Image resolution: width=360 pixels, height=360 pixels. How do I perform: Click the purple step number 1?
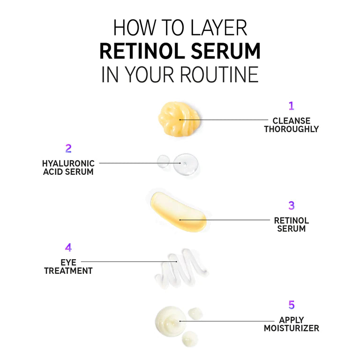[291, 106]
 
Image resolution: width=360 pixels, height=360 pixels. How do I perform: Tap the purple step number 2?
[68, 148]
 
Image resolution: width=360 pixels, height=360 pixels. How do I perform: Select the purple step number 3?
[292, 205]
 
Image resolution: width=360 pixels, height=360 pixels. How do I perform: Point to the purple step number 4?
[68, 247]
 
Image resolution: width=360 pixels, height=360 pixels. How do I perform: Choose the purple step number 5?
[292, 305]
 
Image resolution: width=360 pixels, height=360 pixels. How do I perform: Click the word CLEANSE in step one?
[292, 121]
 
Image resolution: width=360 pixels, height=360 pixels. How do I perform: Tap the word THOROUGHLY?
[292, 129]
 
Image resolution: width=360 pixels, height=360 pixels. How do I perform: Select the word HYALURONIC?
[68, 164]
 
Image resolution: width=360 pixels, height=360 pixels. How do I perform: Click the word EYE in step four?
[68, 262]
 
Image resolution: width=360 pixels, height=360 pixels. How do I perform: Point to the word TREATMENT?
[68, 270]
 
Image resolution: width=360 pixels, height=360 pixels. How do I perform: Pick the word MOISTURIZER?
[292, 328]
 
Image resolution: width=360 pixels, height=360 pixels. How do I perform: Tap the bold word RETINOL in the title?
[142, 51]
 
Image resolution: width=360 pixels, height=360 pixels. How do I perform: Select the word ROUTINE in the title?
[219, 75]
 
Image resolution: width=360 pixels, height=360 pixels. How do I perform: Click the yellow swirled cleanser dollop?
[179, 119]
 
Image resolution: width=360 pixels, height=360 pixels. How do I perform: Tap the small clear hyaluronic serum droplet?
[163, 161]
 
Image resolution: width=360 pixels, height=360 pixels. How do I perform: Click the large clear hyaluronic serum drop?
[186, 164]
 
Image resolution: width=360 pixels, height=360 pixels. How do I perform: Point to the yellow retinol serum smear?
[179, 212]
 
